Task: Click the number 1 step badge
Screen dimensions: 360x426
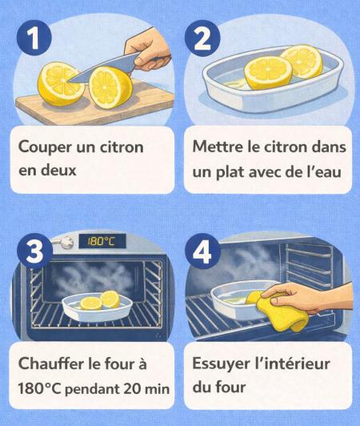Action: [x=34, y=38]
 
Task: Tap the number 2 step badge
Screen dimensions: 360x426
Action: [x=202, y=38]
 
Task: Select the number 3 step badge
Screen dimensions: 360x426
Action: [x=34, y=251]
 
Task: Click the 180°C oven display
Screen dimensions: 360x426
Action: [x=102, y=241]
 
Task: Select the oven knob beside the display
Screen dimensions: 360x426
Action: [x=66, y=242]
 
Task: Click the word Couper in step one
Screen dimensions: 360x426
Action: [x=44, y=148]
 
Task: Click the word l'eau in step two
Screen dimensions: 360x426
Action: [x=324, y=171]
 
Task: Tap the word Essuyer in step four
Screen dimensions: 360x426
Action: [x=218, y=364]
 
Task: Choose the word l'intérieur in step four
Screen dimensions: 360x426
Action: [x=290, y=364]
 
